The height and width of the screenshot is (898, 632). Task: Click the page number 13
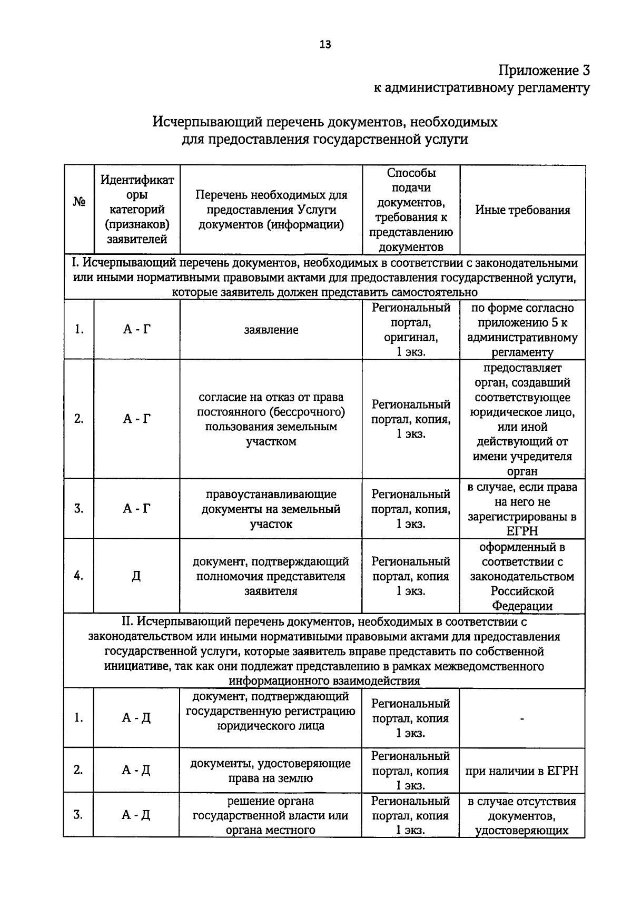point(325,45)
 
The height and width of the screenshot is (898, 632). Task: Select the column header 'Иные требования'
point(522,210)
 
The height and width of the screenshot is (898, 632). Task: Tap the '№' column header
point(79,202)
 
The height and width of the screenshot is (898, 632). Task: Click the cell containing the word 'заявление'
point(271,330)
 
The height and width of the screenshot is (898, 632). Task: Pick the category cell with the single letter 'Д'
point(136,576)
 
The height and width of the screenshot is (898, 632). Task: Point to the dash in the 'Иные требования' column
point(522,718)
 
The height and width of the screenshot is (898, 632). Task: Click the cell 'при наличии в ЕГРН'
point(522,771)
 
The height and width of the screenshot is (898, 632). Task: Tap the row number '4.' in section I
point(79,576)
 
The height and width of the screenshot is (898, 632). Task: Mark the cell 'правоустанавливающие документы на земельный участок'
point(271,509)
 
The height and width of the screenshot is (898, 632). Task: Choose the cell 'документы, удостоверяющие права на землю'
point(271,771)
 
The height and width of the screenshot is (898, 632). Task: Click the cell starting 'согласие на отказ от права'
point(271,419)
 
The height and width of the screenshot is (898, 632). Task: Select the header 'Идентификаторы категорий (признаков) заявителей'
point(137,210)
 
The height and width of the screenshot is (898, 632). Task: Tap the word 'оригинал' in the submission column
point(411,337)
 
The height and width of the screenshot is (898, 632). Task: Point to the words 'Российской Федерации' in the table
point(522,598)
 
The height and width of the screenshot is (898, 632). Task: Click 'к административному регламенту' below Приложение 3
point(481,88)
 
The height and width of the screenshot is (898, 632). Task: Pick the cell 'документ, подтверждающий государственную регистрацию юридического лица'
point(271,711)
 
